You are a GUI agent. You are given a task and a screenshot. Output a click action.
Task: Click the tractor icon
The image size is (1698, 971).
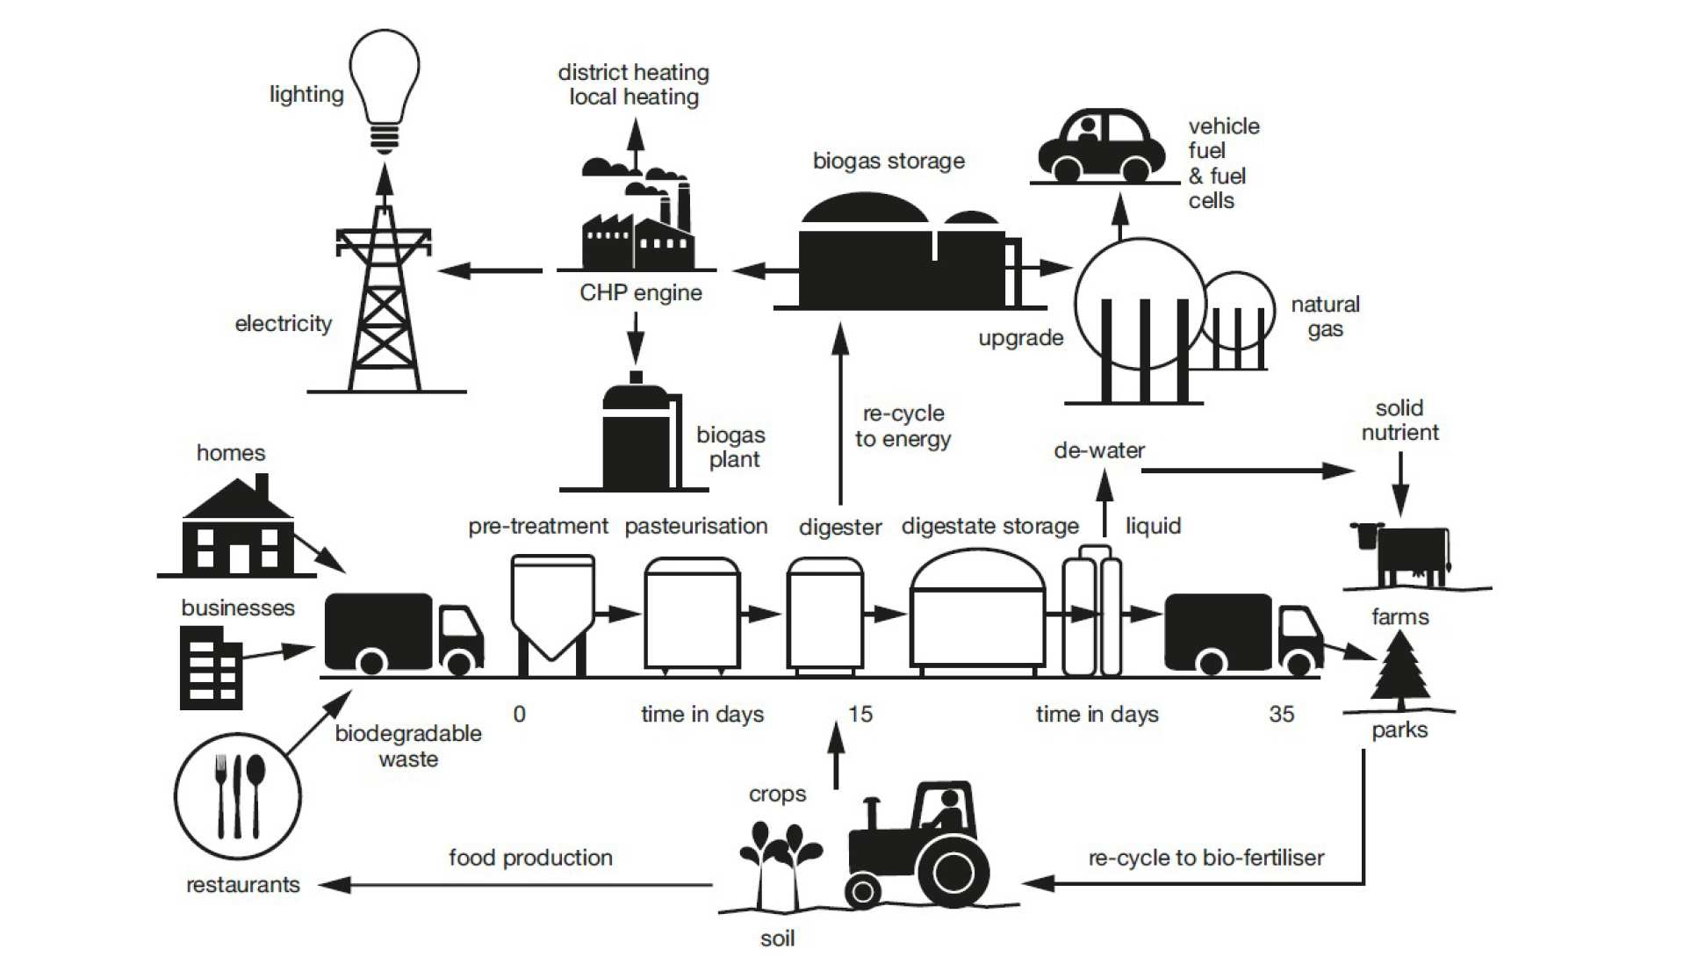pyautogui.click(x=922, y=847)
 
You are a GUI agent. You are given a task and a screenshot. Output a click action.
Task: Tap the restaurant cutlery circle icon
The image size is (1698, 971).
pyautogui.click(x=238, y=796)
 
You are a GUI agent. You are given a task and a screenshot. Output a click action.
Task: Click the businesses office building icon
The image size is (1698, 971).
pyautogui.click(x=211, y=667)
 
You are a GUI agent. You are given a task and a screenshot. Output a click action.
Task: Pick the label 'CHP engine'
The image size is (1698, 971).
pyautogui.click(x=641, y=292)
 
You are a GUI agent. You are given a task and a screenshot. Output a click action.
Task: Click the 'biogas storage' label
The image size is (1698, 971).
pyautogui.click(x=889, y=161)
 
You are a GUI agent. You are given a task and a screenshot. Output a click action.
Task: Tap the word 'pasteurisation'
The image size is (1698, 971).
pyautogui.click(x=696, y=526)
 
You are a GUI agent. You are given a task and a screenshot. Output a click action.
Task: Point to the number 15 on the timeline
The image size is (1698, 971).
pyautogui.click(x=860, y=714)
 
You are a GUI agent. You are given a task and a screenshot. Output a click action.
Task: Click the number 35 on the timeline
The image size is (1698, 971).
pyautogui.click(x=1282, y=714)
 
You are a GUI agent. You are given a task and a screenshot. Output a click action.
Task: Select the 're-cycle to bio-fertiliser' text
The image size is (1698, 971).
pyautogui.click(x=1206, y=858)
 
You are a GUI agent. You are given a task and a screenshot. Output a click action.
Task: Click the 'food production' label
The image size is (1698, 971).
pyautogui.click(x=530, y=858)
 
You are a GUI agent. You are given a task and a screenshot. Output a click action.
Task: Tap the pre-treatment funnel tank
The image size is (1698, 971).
pyautogui.click(x=552, y=610)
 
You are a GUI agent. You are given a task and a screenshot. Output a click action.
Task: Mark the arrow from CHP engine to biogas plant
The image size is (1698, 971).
pyautogui.click(x=636, y=337)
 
